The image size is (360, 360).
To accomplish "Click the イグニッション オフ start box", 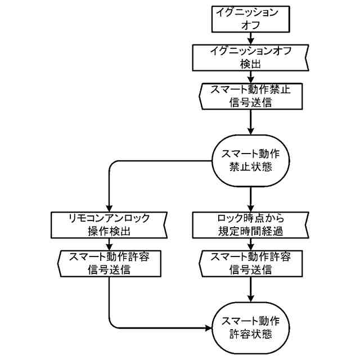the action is coord(250,19).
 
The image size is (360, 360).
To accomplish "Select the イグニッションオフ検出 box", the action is coord(250,57).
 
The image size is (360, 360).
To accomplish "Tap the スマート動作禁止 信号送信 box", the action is coord(250,96).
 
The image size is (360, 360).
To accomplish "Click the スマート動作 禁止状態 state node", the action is coord(250,161).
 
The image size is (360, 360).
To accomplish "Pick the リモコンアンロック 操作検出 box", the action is coord(109,225).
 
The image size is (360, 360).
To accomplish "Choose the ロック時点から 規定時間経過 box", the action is coord(250,225).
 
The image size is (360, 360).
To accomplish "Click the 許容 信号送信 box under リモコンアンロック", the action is coord(109,264).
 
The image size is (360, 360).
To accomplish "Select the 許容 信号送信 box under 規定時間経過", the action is coord(250,264).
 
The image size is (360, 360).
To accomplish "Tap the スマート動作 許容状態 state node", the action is coord(250,328).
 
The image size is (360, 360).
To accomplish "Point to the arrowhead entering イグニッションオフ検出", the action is coord(250,42).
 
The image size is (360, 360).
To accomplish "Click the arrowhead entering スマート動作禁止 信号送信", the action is coord(250,80).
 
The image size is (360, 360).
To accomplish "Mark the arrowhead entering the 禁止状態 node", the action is coord(250,132).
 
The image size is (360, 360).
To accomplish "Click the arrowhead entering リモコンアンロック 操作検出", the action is coord(109,209).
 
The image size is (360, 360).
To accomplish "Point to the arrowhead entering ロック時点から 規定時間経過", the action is coord(250,209).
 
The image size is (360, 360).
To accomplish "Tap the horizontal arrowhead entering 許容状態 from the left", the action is coord(208,328).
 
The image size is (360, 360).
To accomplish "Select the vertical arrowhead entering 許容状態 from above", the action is coord(250,299).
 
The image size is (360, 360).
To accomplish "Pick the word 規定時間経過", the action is coord(250,231).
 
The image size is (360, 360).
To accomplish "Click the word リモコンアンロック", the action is coord(109,218).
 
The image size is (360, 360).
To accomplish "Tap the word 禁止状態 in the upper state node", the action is coord(250,167).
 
